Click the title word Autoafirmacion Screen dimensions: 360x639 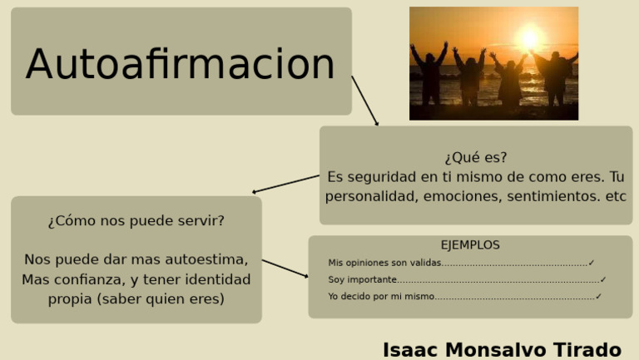[180, 65]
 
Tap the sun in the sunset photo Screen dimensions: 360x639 [528, 37]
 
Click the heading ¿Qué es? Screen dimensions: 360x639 [475, 157]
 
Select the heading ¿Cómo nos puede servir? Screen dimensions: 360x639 [136, 221]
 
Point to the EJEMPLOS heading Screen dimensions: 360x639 [470, 245]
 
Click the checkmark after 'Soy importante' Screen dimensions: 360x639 [603, 279]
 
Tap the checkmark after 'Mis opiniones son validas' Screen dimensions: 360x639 [592, 263]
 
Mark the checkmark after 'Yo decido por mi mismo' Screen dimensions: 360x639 [598, 296]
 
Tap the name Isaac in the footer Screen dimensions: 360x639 [410, 349]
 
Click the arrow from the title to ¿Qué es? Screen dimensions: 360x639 [365, 101]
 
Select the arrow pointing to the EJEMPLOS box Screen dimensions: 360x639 [285, 269]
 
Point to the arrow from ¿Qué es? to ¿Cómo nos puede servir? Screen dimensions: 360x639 [285, 184]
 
